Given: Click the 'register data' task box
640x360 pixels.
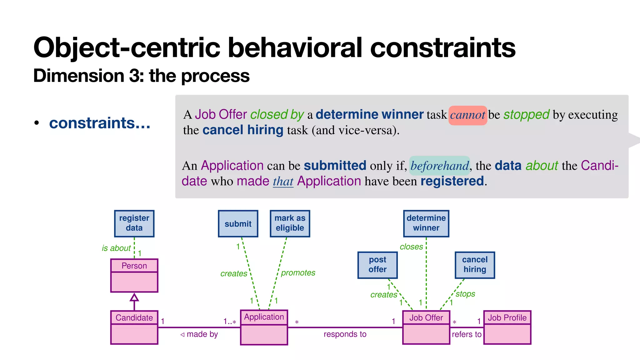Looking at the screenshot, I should (x=134, y=223).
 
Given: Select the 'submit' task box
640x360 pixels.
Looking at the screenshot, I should (x=238, y=224).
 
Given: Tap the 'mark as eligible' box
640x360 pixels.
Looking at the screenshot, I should (x=290, y=223).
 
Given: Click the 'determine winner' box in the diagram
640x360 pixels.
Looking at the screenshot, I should (x=426, y=223).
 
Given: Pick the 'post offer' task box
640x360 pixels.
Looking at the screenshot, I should (x=377, y=265).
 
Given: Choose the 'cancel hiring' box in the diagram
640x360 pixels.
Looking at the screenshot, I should (x=474, y=265).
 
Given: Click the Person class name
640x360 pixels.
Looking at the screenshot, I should (x=134, y=266).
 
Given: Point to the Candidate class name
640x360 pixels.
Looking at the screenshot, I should (x=134, y=317).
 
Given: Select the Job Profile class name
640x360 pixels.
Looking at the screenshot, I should (x=507, y=317).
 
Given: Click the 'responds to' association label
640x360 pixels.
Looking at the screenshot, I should (x=345, y=334).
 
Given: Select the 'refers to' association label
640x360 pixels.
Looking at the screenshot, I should (x=466, y=334).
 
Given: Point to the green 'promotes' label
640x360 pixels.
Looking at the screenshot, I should (x=298, y=273).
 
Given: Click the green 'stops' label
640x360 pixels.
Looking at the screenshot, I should (x=465, y=294).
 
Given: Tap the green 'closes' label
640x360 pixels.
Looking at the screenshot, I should (x=411, y=247).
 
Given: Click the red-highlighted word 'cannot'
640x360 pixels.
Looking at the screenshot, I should (x=467, y=115).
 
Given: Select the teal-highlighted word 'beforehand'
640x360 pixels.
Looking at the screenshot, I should (x=439, y=166).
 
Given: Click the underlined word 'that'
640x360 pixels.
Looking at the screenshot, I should (x=283, y=181).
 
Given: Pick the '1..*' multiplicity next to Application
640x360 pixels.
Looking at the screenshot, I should (x=230, y=322).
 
